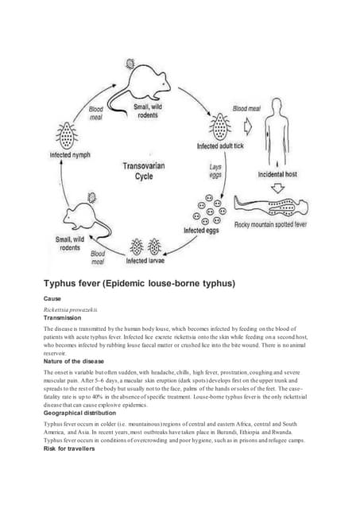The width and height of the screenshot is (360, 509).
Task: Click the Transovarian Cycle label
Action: pos(143,172)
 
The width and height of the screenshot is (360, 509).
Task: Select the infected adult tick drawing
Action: pos(218,126)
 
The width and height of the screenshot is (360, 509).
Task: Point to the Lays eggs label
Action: pos(216,172)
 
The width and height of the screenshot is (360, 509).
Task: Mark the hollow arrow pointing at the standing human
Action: pos(248,125)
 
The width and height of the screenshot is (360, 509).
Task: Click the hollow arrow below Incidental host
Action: pos(277,188)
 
